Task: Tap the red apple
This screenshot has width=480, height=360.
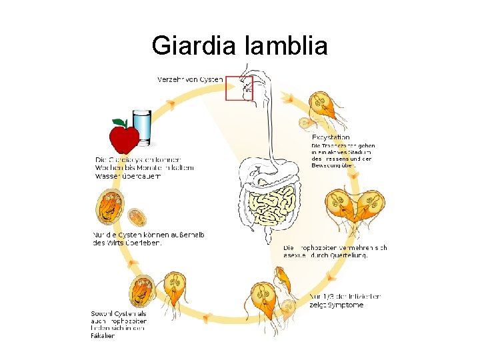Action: pyautogui.click(x=123, y=139)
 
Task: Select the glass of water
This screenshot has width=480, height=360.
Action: pyautogui.click(x=142, y=127)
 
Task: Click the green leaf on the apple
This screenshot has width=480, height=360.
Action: pyautogui.click(x=119, y=123)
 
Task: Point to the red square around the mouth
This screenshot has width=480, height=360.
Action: pyautogui.click(x=239, y=87)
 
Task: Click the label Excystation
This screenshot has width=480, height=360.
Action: pyautogui.click(x=331, y=137)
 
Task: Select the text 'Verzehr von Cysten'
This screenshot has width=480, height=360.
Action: pyautogui.click(x=190, y=79)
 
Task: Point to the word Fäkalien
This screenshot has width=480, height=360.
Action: pyautogui.click(x=103, y=335)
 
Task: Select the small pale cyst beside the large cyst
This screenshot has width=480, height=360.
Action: pyautogui.click(x=137, y=216)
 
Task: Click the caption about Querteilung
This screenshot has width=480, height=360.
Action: pyautogui.click(x=335, y=251)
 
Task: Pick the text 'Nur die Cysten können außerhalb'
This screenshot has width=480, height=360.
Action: pyautogui.click(x=148, y=235)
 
